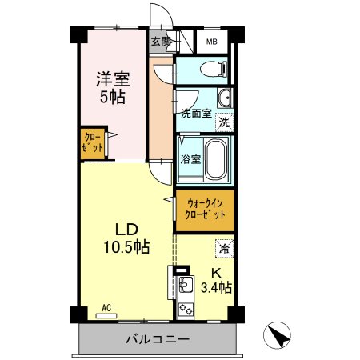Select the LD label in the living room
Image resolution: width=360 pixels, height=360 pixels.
(x=123, y=227)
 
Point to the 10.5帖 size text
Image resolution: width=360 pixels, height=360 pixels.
(x=123, y=246)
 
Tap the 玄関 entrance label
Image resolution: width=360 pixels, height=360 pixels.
(x=159, y=41)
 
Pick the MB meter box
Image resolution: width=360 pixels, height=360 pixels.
(x=212, y=42)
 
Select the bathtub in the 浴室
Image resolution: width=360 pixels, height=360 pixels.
(x=214, y=158)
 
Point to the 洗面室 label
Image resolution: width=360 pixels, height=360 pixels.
(x=196, y=113)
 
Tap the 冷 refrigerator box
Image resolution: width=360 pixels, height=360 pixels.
(x=225, y=249)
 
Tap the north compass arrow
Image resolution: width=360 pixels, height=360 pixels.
(x=277, y=335)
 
